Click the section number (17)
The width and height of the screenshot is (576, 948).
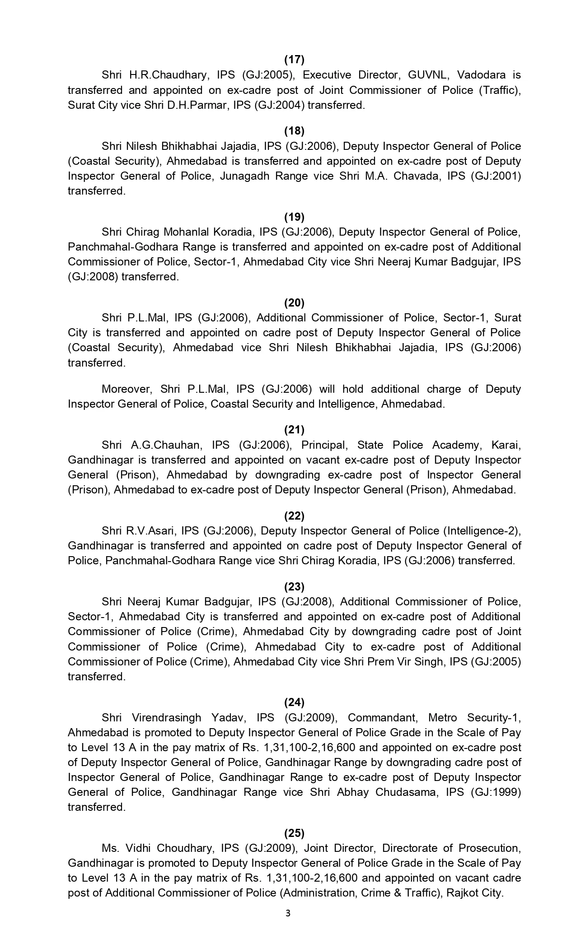coord(294,59)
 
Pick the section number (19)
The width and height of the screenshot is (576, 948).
coord(294,217)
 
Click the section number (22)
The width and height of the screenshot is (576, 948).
coord(294,516)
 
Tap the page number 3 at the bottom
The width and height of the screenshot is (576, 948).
coord(288,914)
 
